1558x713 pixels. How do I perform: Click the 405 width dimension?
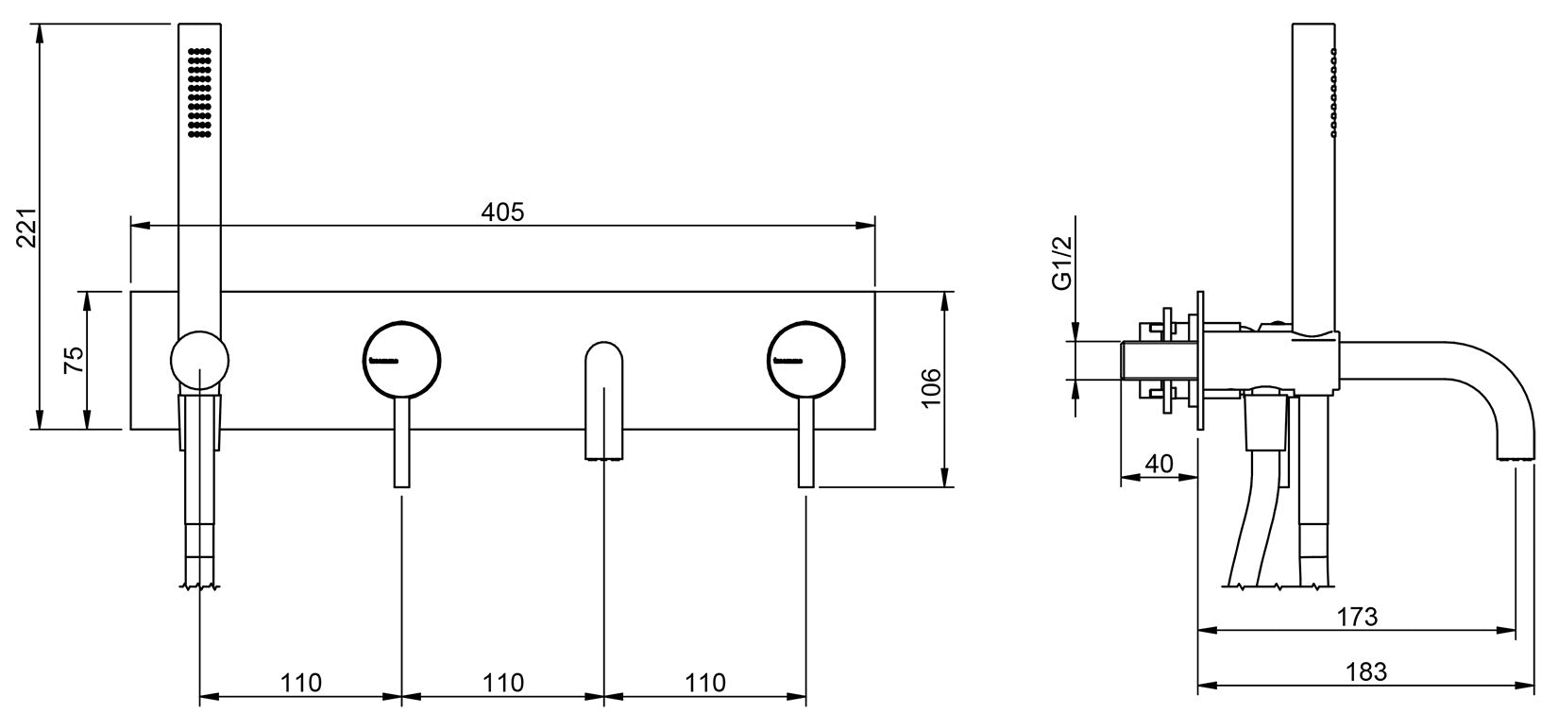coord(502,212)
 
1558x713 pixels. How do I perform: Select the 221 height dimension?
coord(27,227)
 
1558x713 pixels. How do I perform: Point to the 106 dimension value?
coord(930,387)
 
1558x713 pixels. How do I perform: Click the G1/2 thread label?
coord(1062,263)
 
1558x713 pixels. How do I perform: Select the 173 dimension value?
coord(1357,617)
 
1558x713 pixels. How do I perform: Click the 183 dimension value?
coord(1366,671)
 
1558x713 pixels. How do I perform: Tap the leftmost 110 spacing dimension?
coord(301,682)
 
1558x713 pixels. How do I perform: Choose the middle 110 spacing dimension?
coord(503,682)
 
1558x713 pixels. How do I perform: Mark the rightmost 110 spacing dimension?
coord(704,682)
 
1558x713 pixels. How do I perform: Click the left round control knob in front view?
coord(402,360)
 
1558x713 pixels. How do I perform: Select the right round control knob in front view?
coord(805,360)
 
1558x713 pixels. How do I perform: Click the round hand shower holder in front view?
coord(199,360)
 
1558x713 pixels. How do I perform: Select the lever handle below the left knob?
coord(402,443)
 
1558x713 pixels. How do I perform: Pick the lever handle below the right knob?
coord(805,443)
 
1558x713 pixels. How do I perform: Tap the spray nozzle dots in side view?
coord(1333,93)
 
